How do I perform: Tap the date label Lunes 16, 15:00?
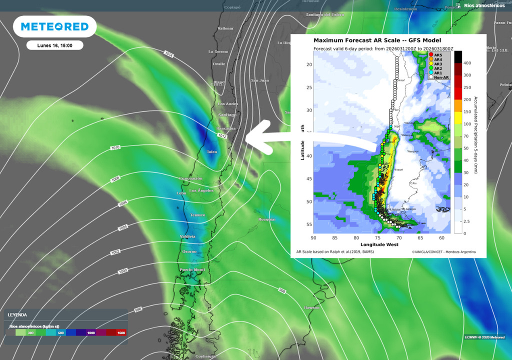[54, 45]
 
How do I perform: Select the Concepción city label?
[190, 178]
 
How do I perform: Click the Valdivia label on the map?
[188, 236]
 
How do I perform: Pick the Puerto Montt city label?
[193, 270]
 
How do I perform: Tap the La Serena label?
[218, 51]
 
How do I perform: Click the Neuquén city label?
[266, 219]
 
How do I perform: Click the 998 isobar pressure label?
[282, 291]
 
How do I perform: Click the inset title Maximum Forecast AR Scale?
[377, 40]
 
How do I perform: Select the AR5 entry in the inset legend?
[437, 55]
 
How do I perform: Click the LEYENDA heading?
[17, 315]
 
